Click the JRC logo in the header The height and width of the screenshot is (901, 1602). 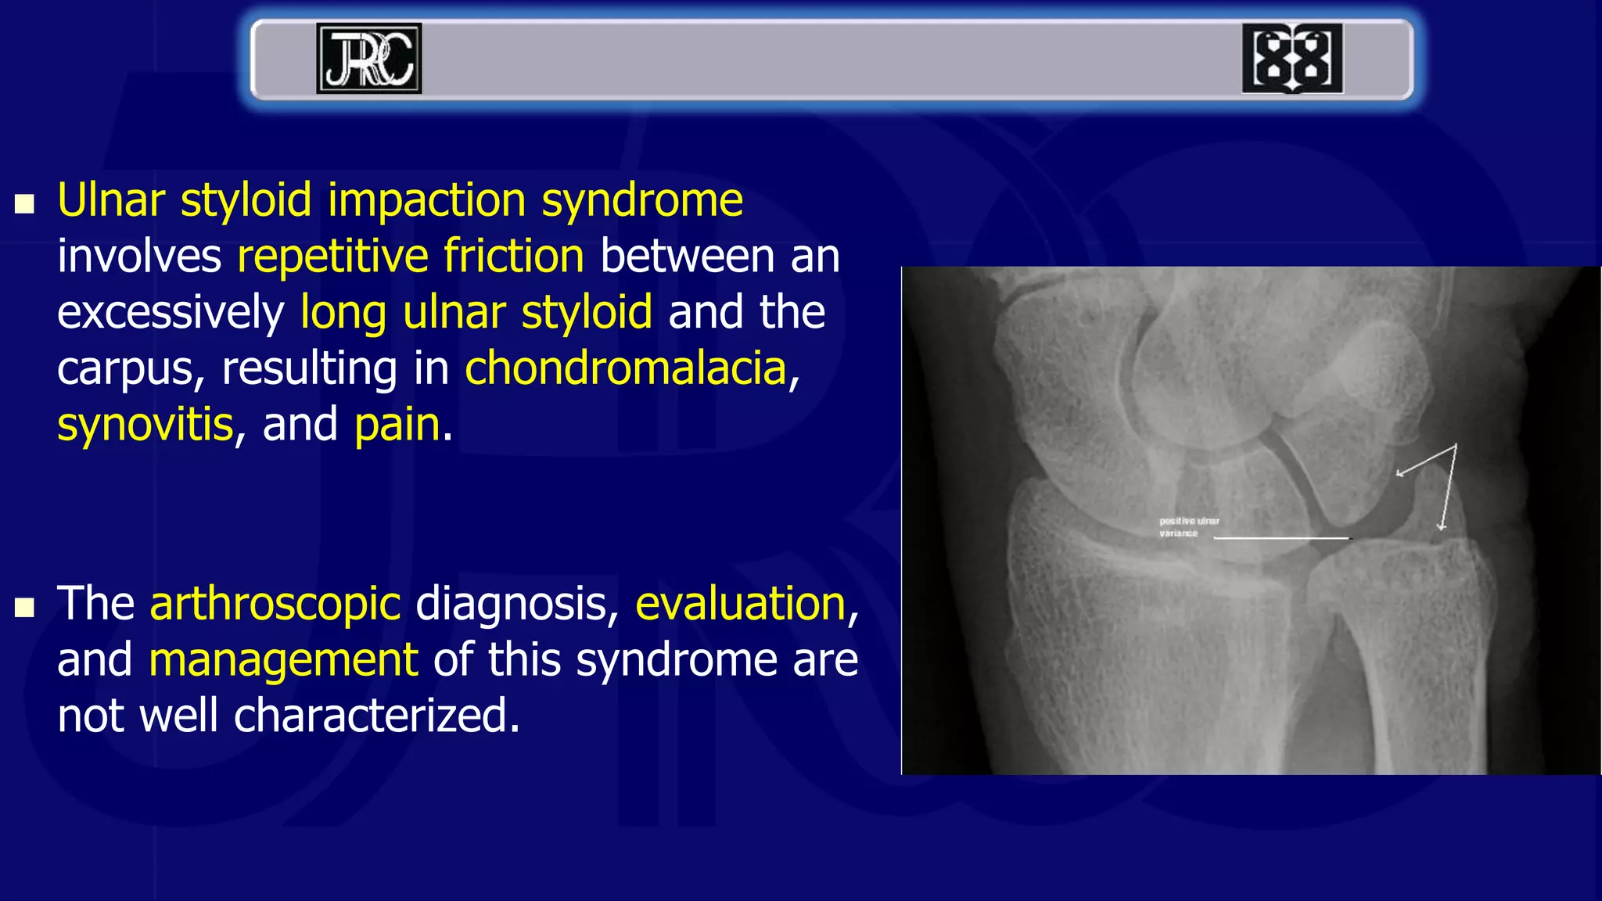pyautogui.click(x=368, y=59)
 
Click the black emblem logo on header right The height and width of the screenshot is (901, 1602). pyautogui.click(x=1292, y=59)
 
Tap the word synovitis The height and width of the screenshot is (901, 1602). pyautogui.click(x=145, y=424)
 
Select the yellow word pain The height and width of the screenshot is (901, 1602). pyautogui.click(x=397, y=425)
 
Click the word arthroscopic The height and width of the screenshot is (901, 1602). pyautogui.click(x=275, y=604)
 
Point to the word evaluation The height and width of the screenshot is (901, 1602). pyautogui.click(x=741, y=604)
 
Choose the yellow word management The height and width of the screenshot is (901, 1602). pyautogui.click(x=283, y=660)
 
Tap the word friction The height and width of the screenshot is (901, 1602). pyautogui.click(x=513, y=256)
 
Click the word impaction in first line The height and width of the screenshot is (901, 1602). pyautogui.click(x=426, y=200)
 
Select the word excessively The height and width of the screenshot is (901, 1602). pyautogui.click(x=171, y=312)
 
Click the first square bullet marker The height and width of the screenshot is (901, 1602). pyautogui.click(x=25, y=205)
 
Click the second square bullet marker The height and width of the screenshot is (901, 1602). pyautogui.click(x=25, y=608)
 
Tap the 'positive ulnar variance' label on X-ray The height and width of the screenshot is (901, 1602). pyautogui.click(x=1188, y=526)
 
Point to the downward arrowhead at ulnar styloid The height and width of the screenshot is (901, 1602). pyautogui.click(x=1442, y=526)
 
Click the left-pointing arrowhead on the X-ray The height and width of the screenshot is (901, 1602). pyautogui.click(x=1401, y=472)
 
